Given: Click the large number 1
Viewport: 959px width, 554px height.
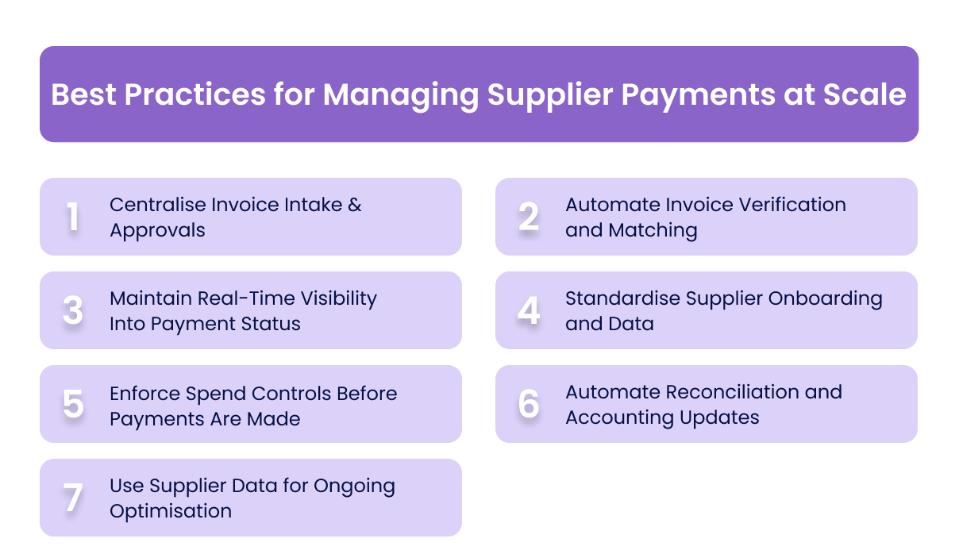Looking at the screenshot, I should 73,217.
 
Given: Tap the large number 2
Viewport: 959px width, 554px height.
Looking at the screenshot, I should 529,217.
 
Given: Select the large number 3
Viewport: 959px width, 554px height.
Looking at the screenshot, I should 73,311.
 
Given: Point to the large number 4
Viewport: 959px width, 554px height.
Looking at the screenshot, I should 529,311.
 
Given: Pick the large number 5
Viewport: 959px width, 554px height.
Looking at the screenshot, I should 73,405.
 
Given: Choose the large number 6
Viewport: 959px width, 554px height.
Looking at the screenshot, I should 529,405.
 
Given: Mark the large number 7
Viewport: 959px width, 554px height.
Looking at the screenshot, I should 73,498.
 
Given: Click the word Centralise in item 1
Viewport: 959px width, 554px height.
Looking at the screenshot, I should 156,205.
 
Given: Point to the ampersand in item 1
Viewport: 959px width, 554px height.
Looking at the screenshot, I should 354,205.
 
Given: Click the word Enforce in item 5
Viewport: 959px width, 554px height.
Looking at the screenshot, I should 144,394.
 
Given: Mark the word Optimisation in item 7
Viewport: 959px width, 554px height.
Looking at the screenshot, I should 171,511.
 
